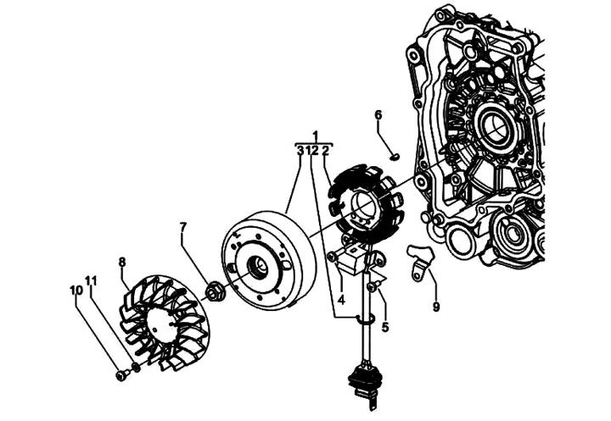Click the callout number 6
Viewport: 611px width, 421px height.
point(378,115)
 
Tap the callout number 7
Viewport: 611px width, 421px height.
point(183,227)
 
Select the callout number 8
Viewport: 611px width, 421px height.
point(122,263)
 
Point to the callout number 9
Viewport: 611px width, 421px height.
point(436,307)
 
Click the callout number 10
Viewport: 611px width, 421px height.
point(76,290)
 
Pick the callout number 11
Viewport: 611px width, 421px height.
point(91,280)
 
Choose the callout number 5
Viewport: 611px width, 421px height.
point(385,327)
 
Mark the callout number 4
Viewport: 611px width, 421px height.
point(341,300)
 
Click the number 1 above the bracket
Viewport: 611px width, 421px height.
point(315,136)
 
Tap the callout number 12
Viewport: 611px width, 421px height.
point(312,151)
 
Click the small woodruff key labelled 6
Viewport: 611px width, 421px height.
point(394,157)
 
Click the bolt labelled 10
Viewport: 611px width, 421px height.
point(121,374)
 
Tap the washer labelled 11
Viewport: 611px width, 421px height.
point(136,367)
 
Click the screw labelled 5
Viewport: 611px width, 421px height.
point(373,287)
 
